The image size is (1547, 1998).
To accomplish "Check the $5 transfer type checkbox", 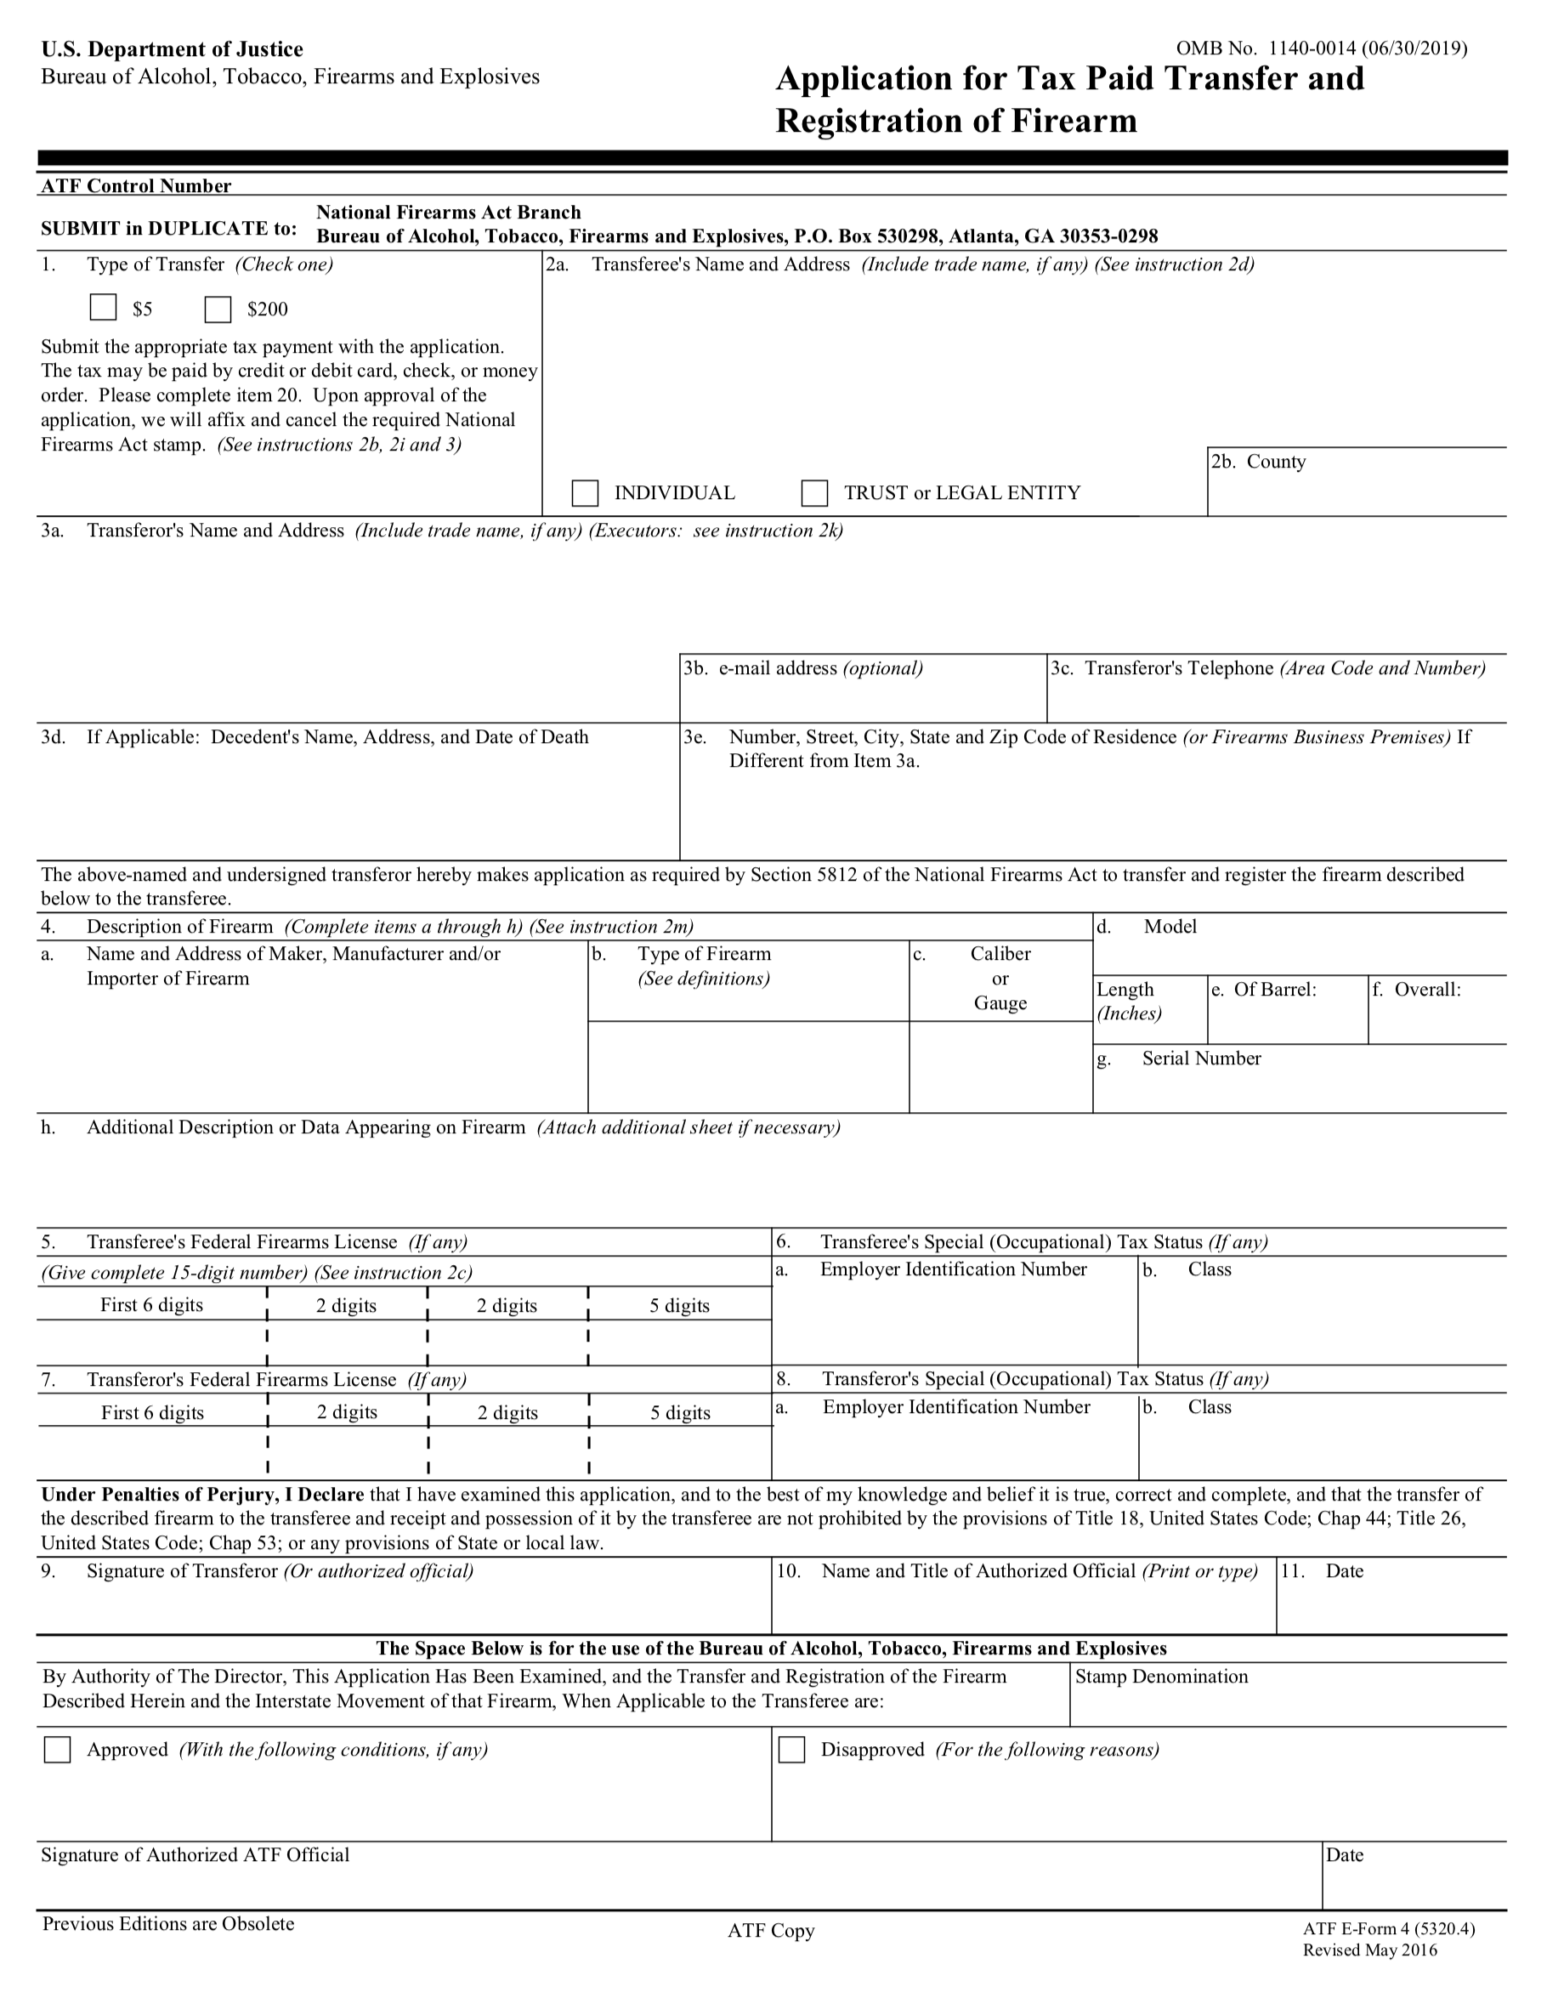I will coord(104,308).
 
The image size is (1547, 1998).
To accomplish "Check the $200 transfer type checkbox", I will coord(218,309).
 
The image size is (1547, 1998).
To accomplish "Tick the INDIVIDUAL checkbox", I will coord(585,493).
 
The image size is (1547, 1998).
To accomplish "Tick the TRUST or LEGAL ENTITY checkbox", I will coord(814,493).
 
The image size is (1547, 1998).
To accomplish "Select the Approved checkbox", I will coord(58,1749).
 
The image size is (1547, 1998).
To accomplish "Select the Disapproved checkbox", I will coord(791,1749).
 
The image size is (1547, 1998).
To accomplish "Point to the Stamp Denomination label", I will coord(1161,1676).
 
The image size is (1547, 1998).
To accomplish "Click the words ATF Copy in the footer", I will coord(770,1930).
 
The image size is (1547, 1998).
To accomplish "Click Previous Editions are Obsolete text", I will coord(168,1923).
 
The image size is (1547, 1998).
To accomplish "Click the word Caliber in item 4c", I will coord(1000,954).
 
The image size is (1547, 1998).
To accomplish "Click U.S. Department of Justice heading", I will coord(172,49).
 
